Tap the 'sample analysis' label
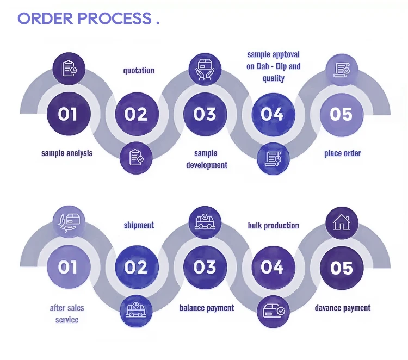pos(67,153)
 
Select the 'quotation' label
pos(139,70)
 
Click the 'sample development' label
pos(207,159)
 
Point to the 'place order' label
pos(343,153)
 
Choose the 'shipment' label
pos(139,225)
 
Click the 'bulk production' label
pos(274,225)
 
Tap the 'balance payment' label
pos(207,308)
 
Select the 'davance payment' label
pos(343,308)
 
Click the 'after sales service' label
pos(67,313)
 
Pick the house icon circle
pos(342,222)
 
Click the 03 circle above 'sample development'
pos(205,114)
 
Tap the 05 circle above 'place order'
pos(342,114)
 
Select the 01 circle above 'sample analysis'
pos(68,114)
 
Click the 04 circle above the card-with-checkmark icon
pos(273,268)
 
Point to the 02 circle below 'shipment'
pos(136,268)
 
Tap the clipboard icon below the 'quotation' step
pos(136,158)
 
